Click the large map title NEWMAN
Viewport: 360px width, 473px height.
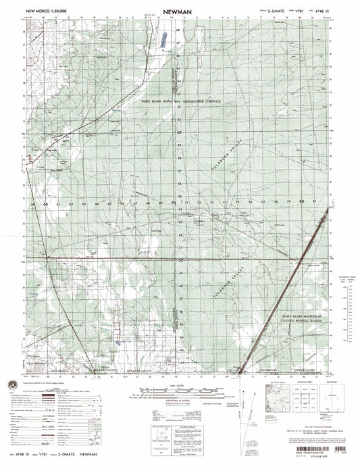tap(179, 12)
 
